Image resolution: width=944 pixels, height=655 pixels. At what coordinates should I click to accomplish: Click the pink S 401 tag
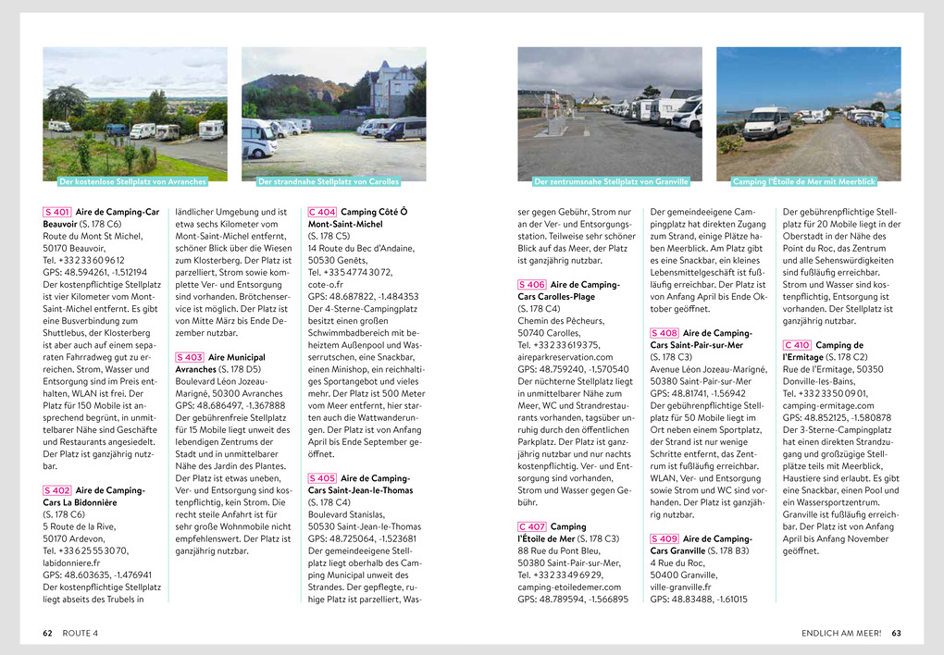[57, 212]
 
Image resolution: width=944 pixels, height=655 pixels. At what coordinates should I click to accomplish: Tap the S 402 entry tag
[57, 490]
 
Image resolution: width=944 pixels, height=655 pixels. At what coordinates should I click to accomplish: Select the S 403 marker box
[190, 357]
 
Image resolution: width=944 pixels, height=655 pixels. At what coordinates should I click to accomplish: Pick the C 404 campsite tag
[322, 212]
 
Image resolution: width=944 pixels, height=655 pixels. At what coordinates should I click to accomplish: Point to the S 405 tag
[322, 478]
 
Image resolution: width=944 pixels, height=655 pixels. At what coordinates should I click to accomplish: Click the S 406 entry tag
[532, 284]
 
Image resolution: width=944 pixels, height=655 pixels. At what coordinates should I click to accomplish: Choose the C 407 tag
[532, 526]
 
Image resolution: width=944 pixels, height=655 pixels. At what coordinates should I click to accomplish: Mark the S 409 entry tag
[665, 538]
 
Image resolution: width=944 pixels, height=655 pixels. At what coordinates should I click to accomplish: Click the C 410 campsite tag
[798, 345]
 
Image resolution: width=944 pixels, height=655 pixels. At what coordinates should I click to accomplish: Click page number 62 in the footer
[47, 633]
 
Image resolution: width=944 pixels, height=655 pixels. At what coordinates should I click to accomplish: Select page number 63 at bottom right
[896, 633]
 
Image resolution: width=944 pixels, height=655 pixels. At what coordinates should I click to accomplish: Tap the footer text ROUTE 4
[81, 633]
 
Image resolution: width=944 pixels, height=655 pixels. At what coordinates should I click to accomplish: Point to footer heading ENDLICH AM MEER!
[841, 633]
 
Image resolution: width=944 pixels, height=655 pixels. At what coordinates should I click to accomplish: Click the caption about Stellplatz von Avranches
[132, 182]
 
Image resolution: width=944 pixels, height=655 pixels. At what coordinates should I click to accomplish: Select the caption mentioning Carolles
[329, 182]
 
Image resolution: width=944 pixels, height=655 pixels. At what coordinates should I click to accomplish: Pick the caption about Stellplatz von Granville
[612, 182]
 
